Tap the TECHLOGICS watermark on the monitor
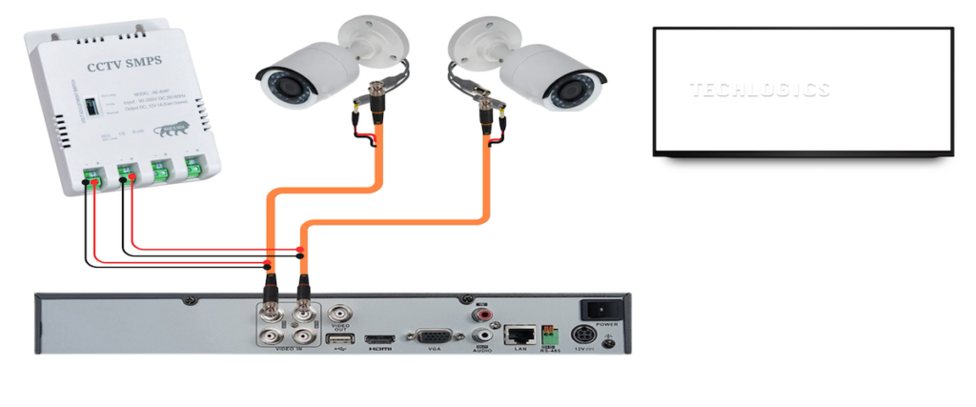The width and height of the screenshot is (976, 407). (760, 91)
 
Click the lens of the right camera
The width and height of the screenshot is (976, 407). (573, 92)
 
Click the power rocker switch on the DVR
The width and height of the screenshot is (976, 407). (599, 310)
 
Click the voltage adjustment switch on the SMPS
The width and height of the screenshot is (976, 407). (92, 106)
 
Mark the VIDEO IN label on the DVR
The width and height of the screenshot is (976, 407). (288, 351)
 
